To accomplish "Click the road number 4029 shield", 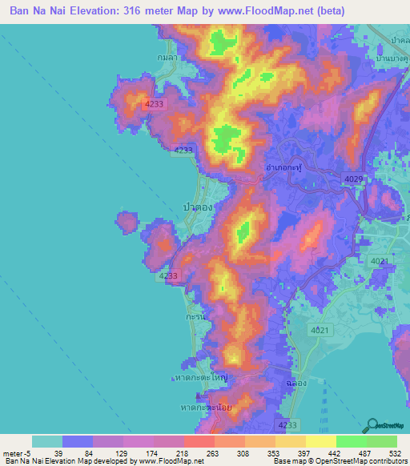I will [353, 179].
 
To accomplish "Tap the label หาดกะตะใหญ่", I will [200, 375].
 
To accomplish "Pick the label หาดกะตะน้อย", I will [201, 407].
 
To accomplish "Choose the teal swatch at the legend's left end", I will [46, 441].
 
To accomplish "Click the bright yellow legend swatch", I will [320, 441].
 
